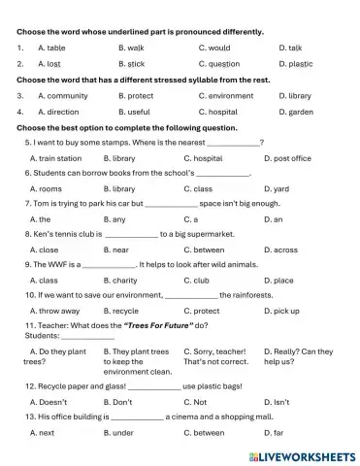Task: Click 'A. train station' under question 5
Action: [x=55, y=157]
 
